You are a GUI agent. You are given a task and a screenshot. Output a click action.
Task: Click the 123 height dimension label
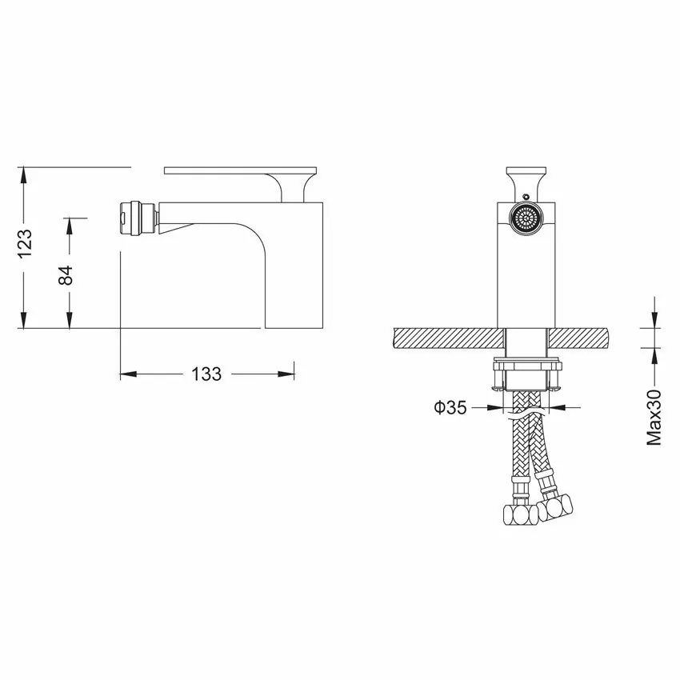[x=25, y=243]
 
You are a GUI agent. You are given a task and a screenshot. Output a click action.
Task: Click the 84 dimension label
[x=66, y=275]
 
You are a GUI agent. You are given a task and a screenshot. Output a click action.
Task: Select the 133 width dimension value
[x=206, y=374]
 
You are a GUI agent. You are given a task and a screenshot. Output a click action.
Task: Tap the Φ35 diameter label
[x=450, y=407]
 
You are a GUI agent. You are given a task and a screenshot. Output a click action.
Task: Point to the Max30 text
[x=654, y=417]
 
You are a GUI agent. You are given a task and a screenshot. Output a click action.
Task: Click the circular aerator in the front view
[x=526, y=218]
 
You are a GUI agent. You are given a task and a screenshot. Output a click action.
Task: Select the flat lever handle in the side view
[x=241, y=170]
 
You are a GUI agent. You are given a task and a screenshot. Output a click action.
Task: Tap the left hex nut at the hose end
[x=521, y=515]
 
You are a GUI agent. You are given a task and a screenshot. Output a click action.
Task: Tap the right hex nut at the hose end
[x=555, y=506]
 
